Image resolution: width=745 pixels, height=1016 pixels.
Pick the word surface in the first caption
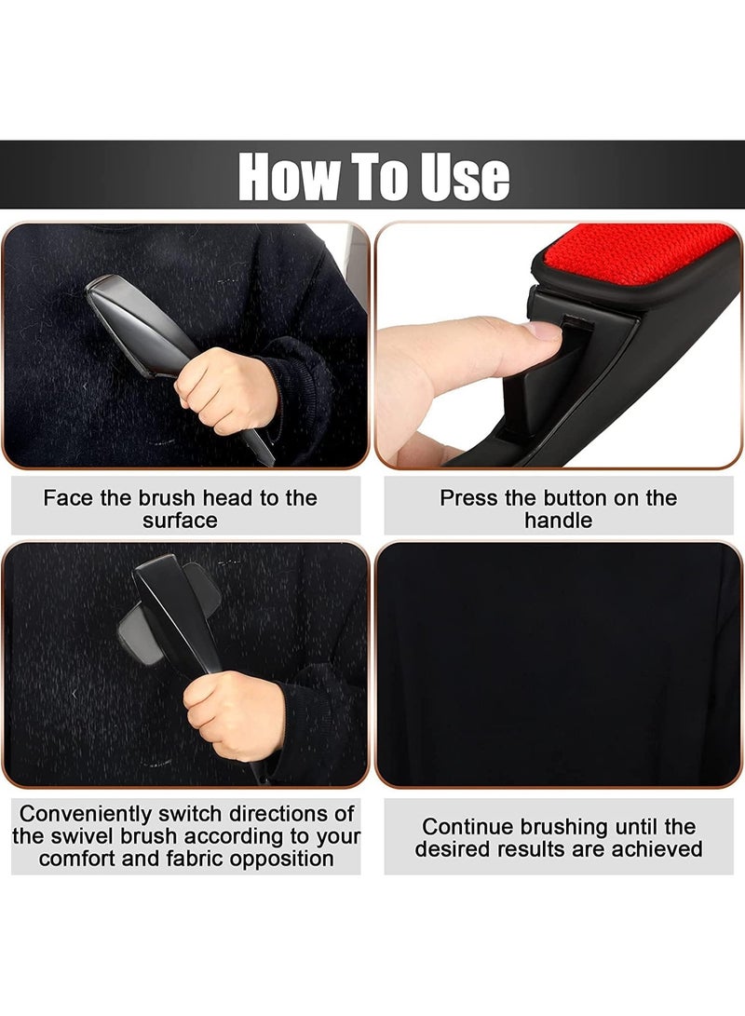click(x=180, y=520)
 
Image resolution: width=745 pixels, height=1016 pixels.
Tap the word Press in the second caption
click(x=468, y=497)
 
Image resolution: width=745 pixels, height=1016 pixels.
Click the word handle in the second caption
click(x=558, y=520)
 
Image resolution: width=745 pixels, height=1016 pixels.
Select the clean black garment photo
click(x=559, y=663)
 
